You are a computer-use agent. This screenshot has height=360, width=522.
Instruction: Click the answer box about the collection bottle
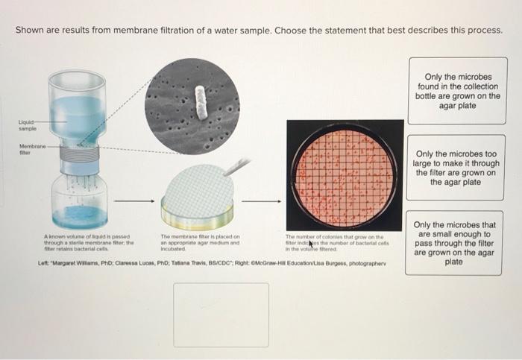pyautogui.click(x=462, y=91)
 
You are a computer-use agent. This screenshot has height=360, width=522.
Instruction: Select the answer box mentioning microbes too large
pyautogui.click(x=462, y=168)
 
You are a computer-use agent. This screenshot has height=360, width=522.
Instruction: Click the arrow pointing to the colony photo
pyautogui.click(x=268, y=200)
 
